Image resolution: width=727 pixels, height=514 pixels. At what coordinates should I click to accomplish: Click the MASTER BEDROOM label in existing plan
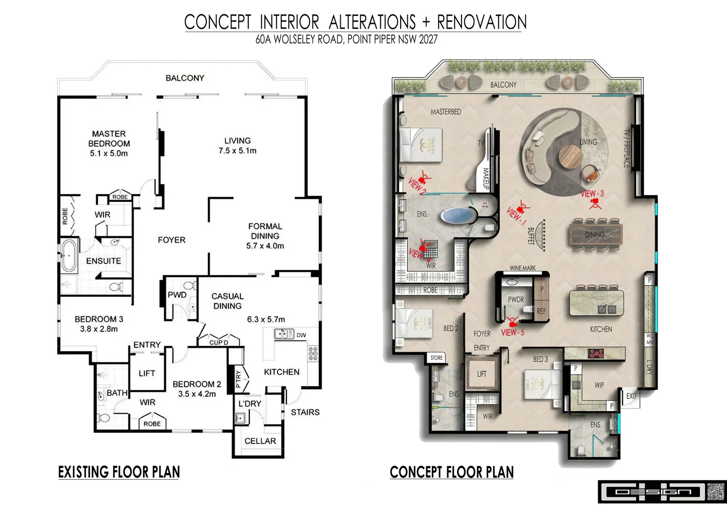(x=109, y=139)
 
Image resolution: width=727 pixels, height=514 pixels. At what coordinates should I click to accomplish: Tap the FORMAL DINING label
(x=265, y=231)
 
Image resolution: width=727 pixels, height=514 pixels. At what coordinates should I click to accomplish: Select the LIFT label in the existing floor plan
(x=147, y=374)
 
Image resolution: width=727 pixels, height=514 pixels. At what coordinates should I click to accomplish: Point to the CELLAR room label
(x=260, y=441)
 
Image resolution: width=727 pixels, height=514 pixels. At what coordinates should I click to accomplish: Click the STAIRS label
(x=305, y=412)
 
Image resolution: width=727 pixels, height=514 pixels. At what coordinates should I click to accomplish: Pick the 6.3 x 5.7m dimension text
(x=266, y=319)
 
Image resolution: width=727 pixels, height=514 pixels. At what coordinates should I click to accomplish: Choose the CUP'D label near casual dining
(x=219, y=342)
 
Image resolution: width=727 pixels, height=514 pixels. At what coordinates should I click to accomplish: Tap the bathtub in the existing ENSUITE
(x=69, y=256)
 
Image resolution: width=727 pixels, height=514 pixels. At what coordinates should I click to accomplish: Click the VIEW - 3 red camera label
(x=592, y=194)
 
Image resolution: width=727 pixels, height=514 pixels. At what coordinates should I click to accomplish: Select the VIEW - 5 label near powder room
(x=512, y=332)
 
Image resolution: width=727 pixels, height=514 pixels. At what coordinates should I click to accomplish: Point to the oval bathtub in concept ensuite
(x=457, y=216)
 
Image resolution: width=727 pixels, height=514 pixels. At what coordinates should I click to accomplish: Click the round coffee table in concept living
(x=570, y=157)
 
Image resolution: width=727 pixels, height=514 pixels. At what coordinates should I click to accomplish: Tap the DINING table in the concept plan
(x=595, y=234)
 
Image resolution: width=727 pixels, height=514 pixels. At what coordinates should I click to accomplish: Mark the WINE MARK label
(x=522, y=268)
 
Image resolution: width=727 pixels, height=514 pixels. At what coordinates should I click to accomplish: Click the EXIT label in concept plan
(x=631, y=396)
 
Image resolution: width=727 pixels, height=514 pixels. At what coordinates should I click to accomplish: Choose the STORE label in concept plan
(x=436, y=358)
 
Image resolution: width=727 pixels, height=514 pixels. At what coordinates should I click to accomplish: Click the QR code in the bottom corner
(x=715, y=492)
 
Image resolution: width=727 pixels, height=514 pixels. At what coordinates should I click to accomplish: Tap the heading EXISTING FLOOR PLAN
(x=119, y=472)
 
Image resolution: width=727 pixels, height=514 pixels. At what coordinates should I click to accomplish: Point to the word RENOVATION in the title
(x=481, y=22)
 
